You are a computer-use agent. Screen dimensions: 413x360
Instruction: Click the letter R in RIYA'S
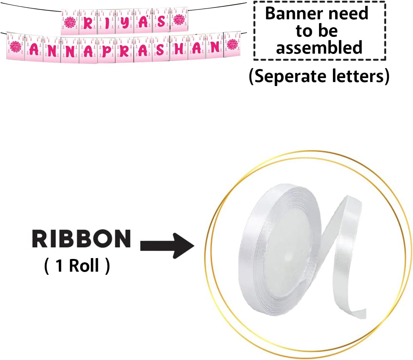point(88,23)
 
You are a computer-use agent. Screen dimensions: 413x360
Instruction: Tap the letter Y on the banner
point(125,23)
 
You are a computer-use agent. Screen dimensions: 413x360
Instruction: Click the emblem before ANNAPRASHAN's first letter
point(16,47)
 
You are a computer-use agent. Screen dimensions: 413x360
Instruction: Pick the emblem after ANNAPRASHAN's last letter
point(232,45)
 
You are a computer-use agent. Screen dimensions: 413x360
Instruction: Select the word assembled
point(319,47)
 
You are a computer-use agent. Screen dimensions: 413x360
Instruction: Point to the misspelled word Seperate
point(290,77)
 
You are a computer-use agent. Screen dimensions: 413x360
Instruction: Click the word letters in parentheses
point(357,76)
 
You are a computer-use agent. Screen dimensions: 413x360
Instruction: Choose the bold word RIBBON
point(81,238)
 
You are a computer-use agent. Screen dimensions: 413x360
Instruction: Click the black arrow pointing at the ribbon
point(167,246)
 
